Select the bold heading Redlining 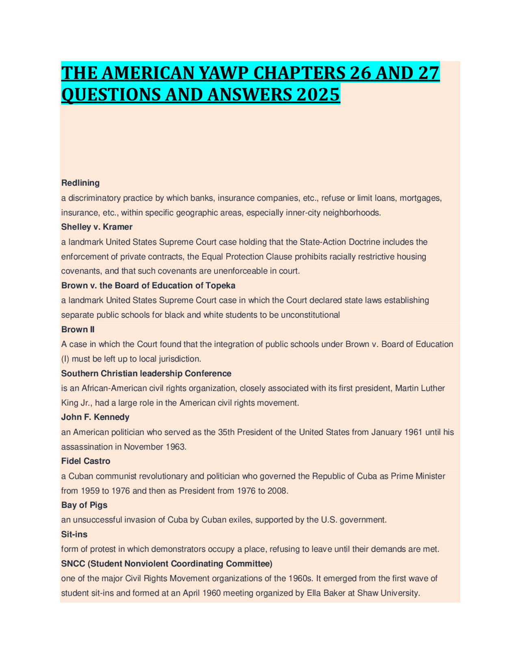80,183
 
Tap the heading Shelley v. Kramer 97,227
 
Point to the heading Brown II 78,330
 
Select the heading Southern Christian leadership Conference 146,373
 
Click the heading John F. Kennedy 95,417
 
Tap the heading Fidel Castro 86,461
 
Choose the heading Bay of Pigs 84,505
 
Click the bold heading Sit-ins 74,534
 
